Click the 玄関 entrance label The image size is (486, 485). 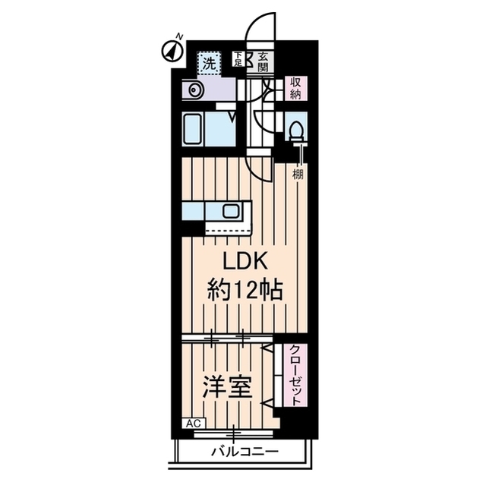(261, 60)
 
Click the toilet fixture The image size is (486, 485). (295, 129)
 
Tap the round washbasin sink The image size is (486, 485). (194, 91)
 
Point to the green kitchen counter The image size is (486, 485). (216, 209)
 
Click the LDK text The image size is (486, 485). (243, 260)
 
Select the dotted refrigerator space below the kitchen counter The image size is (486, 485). (228, 227)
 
